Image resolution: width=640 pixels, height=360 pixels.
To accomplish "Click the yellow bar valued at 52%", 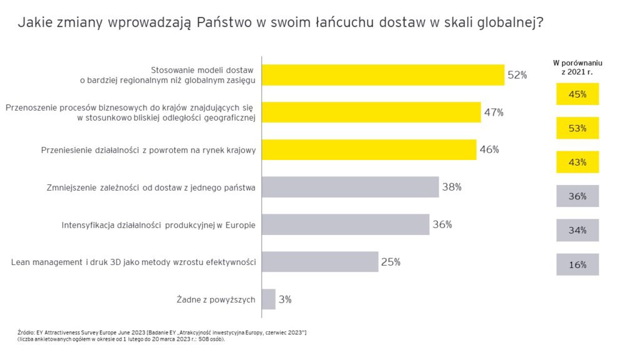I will (x=382, y=75).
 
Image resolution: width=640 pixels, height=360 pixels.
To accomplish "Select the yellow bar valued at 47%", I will (x=371, y=112).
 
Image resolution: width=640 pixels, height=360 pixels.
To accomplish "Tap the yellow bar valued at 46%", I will (x=369, y=149).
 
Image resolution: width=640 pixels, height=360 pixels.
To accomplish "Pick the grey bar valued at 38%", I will (x=350, y=187).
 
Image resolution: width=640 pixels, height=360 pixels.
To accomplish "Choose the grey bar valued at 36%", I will (x=346, y=224).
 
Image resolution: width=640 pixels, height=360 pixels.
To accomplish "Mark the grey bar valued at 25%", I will (x=320, y=262).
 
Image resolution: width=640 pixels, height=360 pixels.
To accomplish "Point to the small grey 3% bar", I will (x=269, y=299).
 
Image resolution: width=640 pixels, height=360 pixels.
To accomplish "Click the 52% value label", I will (x=517, y=75).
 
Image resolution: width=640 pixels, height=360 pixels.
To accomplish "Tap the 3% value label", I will (x=285, y=299).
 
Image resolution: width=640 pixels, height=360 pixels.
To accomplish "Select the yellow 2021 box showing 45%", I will (x=577, y=94).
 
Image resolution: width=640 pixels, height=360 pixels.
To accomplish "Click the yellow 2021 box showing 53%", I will (x=577, y=128).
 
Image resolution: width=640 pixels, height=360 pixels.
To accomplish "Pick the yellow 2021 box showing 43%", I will (x=577, y=162).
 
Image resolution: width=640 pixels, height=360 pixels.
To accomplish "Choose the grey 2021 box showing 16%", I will (x=577, y=264).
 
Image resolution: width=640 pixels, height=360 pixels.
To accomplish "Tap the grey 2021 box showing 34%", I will (x=577, y=230).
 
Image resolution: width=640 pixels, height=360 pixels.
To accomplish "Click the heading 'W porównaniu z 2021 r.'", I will (x=578, y=67).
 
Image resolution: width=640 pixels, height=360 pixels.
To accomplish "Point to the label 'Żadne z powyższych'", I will (x=216, y=300).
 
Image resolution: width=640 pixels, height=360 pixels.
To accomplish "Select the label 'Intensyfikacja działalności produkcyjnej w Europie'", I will (x=159, y=225).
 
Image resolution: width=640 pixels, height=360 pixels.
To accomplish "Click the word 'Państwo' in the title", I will (x=224, y=24).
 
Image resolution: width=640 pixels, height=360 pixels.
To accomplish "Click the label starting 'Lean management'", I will (x=134, y=262).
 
